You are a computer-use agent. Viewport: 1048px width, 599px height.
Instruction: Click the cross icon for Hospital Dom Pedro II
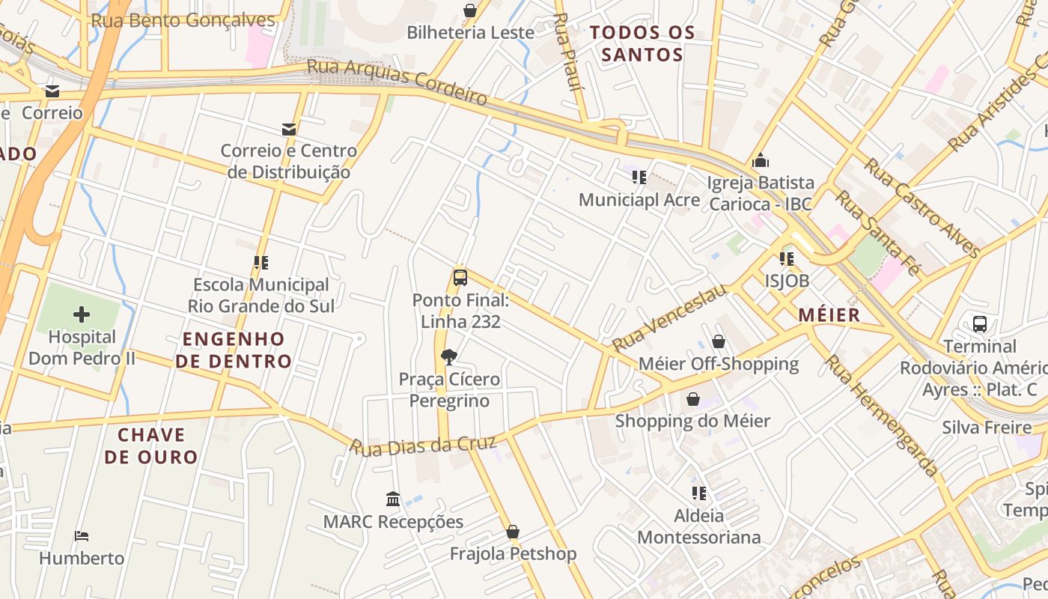(x=82, y=314)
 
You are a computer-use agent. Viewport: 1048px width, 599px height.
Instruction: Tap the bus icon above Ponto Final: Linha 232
(x=460, y=278)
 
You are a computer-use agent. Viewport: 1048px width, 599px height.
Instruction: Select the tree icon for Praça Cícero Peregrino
(x=449, y=356)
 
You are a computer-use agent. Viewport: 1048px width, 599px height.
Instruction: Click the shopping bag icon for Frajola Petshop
(x=513, y=532)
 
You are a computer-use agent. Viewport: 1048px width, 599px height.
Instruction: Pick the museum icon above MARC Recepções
(x=393, y=499)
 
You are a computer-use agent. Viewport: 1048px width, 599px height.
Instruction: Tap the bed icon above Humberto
(x=82, y=536)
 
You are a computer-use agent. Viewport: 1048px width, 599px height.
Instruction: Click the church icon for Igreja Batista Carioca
(x=761, y=160)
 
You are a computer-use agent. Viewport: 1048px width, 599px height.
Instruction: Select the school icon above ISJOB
(x=786, y=259)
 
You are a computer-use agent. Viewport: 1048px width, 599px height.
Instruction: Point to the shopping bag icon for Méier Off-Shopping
(x=719, y=341)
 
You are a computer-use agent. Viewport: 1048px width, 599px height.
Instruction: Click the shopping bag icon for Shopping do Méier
(x=693, y=398)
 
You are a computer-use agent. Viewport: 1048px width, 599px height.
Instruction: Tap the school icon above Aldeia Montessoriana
(x=699, y=493)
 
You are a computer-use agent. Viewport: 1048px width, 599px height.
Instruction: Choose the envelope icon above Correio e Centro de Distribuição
(x=289, y=129)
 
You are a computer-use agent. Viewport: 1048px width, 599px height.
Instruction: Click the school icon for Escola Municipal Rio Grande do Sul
(x=261, y=263)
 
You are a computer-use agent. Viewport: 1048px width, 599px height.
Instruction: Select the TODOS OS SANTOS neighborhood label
(x=642, y=43)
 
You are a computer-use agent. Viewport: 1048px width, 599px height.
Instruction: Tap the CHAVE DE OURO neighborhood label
(x=150, y=446)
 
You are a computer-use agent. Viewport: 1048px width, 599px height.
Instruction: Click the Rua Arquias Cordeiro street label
(x=397, y=82)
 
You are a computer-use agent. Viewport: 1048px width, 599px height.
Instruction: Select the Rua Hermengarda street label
(x=882, y=416)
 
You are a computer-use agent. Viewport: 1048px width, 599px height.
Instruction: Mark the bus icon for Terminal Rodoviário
(x=980, y=324)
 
